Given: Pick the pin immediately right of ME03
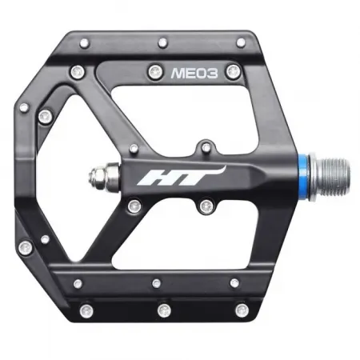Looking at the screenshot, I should [x=232, y=73].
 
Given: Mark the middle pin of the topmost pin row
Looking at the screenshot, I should [x=163, y=42].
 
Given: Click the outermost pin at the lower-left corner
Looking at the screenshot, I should [x=26, y=246].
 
